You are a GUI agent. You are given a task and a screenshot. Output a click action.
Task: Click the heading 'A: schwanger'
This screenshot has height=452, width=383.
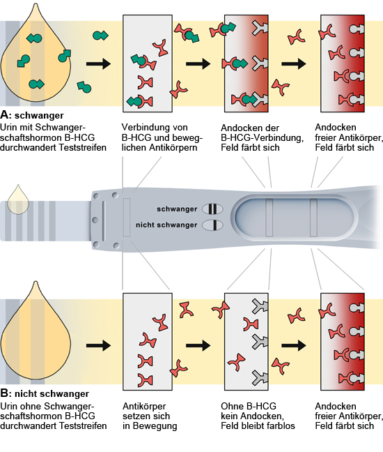[x=32, y=115]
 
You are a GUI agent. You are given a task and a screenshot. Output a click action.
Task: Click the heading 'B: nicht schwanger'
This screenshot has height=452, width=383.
[x=45, y=393]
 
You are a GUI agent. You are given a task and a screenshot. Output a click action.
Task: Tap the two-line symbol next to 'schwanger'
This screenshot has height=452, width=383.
[x=212, y=209]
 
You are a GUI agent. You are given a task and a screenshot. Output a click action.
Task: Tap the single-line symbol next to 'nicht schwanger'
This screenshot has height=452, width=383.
[x=212, y=225]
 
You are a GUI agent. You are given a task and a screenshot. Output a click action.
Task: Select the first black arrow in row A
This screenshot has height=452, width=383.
[x=98, y=63]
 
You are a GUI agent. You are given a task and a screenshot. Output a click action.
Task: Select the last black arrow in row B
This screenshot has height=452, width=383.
[x=294, y=345]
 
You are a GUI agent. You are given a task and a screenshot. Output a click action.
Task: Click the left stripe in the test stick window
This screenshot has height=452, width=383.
[x=269, y=218]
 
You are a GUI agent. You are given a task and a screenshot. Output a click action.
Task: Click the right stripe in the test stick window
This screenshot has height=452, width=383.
[x=313, y=218]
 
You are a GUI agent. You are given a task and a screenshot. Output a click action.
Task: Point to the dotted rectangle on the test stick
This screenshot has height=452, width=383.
[x=127, y=218]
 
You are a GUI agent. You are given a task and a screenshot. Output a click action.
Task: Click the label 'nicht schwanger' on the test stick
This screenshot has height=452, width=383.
[x=166, y=225]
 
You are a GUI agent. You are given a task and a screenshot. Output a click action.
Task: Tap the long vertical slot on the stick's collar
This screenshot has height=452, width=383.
[x=104, y=220]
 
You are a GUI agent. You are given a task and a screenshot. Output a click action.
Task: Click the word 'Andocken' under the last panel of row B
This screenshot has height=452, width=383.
[x=336, y=406]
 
